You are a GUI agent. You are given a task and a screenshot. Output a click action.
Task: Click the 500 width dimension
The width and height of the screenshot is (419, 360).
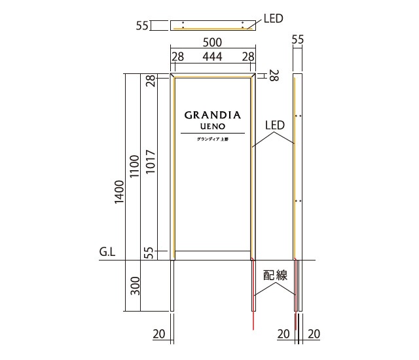pos(212,42)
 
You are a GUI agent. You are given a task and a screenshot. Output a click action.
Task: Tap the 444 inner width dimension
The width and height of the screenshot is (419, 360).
pos(212,56)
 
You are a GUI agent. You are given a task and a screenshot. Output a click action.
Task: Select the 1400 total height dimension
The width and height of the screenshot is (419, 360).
pos(119,192)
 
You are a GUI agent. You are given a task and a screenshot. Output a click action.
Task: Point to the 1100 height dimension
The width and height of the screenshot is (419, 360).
pos(134,166)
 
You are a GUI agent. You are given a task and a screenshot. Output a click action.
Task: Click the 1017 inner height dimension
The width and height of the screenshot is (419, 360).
pos(150,162)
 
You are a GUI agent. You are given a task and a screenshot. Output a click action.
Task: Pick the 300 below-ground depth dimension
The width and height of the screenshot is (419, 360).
pos(136,286)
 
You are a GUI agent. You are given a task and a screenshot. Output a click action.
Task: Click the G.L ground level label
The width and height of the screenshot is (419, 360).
pos(107,251)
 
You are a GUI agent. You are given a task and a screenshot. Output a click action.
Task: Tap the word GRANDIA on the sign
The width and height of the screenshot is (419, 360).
pos(213,115)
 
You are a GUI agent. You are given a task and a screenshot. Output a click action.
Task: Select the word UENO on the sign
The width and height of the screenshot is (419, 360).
pos(213,126)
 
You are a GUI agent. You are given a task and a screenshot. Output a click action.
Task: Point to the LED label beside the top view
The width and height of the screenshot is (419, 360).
pos(274,19)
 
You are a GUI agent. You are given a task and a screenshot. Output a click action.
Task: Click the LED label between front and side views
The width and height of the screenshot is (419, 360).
pos(275,125)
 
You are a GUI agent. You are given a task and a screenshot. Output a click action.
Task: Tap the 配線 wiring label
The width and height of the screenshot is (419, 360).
pos(275,276)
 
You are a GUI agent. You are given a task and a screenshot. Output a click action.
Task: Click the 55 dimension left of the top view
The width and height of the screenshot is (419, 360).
pos(142,26)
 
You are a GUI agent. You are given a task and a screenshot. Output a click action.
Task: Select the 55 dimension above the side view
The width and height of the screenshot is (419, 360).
pos(298,39)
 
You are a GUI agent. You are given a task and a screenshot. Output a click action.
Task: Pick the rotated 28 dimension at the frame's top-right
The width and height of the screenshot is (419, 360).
pos(274,75)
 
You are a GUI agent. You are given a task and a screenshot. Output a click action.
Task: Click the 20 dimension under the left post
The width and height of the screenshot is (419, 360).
pos(159,334)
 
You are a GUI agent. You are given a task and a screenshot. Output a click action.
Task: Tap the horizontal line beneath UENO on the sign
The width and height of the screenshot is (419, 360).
pos(213,133)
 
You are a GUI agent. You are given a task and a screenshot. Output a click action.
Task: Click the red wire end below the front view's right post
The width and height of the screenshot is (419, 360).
pos(253,329)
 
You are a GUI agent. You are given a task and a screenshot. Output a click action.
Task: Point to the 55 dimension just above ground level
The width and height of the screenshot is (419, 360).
pos(150,253)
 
